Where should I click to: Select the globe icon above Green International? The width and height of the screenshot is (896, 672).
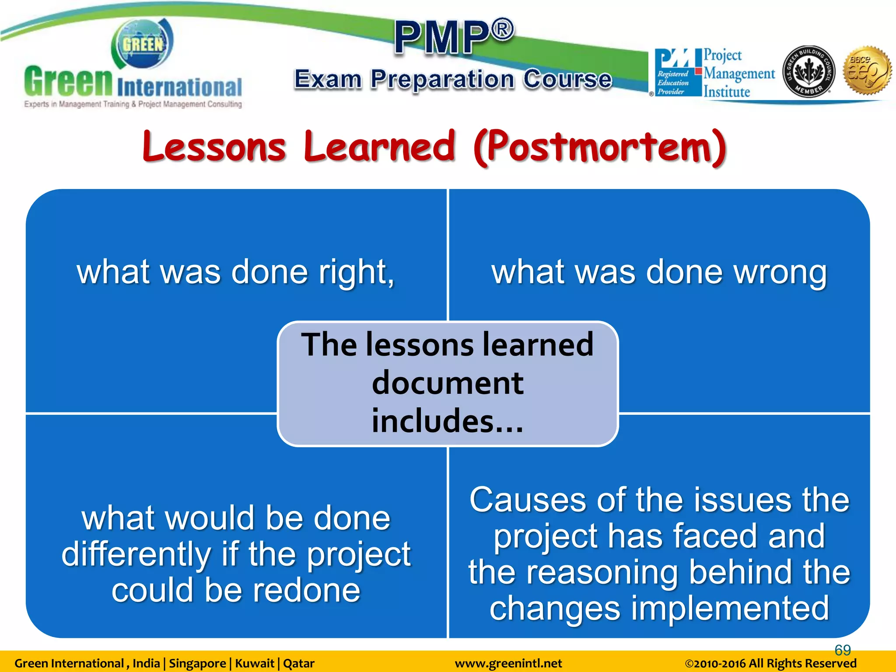tap(143, 44)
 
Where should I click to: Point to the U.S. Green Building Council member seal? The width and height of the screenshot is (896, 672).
tap(808, 71)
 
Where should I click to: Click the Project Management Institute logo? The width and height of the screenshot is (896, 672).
tap(714, 73)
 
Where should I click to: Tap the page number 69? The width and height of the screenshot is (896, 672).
tap(843, 650)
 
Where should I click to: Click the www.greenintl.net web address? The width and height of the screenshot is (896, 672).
tap(508, 664)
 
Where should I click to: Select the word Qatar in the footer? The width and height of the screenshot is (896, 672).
tap(299, 664)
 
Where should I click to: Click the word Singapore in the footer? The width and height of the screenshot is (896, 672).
tap(197, 664)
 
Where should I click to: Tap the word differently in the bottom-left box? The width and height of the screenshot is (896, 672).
tap(136, 554)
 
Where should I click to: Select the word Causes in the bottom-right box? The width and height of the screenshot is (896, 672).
tap(528, 500)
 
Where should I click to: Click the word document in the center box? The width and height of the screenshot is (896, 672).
tap(448, 383)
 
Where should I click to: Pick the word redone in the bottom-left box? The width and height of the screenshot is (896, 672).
tap(307, 590)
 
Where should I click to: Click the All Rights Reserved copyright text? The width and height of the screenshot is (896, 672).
tap(770, 664)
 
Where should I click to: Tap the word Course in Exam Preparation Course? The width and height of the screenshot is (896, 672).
tap(567, 79)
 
